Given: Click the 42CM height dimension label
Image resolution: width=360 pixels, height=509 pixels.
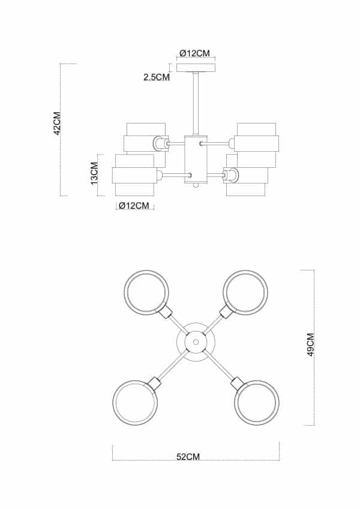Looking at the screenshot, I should (58, 122).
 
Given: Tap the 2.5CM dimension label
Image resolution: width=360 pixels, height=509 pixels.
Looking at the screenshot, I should (156, 77).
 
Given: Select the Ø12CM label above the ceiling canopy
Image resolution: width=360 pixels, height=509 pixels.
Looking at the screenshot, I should (194, 53).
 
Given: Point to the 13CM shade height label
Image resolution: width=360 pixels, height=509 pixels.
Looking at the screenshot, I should (94, 173).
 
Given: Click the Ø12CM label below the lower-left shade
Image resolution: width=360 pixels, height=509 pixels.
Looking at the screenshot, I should (134, 206).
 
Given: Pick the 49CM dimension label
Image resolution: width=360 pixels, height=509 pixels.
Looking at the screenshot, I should (310, 346).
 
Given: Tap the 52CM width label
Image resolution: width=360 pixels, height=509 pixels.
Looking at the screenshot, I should (188, 457).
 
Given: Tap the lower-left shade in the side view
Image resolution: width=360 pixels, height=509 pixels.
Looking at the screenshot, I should (134, 175).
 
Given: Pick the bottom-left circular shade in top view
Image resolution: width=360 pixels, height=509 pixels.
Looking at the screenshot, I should (135, 402).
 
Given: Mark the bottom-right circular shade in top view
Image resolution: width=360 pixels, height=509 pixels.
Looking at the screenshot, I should (257, 402).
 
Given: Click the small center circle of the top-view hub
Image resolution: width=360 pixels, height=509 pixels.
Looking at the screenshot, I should (196, 342).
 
